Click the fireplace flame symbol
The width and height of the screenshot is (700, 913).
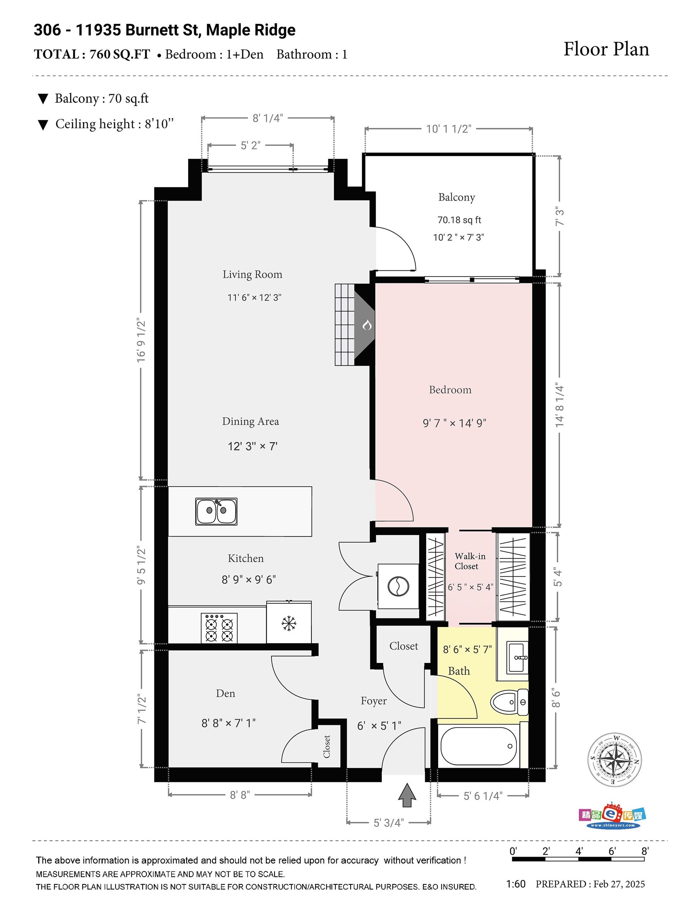(x=367, y=325)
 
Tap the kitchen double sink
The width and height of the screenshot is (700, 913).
(x=216, y=511)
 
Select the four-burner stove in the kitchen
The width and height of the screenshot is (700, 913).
(x=219, y=628)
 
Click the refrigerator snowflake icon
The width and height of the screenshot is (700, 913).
(x=288, y=624)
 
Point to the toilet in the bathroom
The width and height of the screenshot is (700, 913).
(x=509, y=702)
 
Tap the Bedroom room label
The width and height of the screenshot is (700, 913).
(x=450, y=390)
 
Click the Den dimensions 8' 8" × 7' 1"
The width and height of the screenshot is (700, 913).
(x=228, y=723)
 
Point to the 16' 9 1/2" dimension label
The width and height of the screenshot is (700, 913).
(x=141, y=340)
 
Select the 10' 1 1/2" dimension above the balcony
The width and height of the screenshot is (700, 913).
(x=448, y=129)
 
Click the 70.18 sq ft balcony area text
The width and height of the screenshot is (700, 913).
(x=459, y=220)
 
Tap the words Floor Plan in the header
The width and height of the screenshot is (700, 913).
(x=606, y=49)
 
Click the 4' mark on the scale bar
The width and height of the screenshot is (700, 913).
(x=579, y=851)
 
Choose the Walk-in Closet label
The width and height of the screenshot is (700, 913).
(x=469, y=561)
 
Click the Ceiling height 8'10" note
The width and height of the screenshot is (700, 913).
(x=114, y=124)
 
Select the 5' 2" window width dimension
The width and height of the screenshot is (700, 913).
(x=250, y=145)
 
